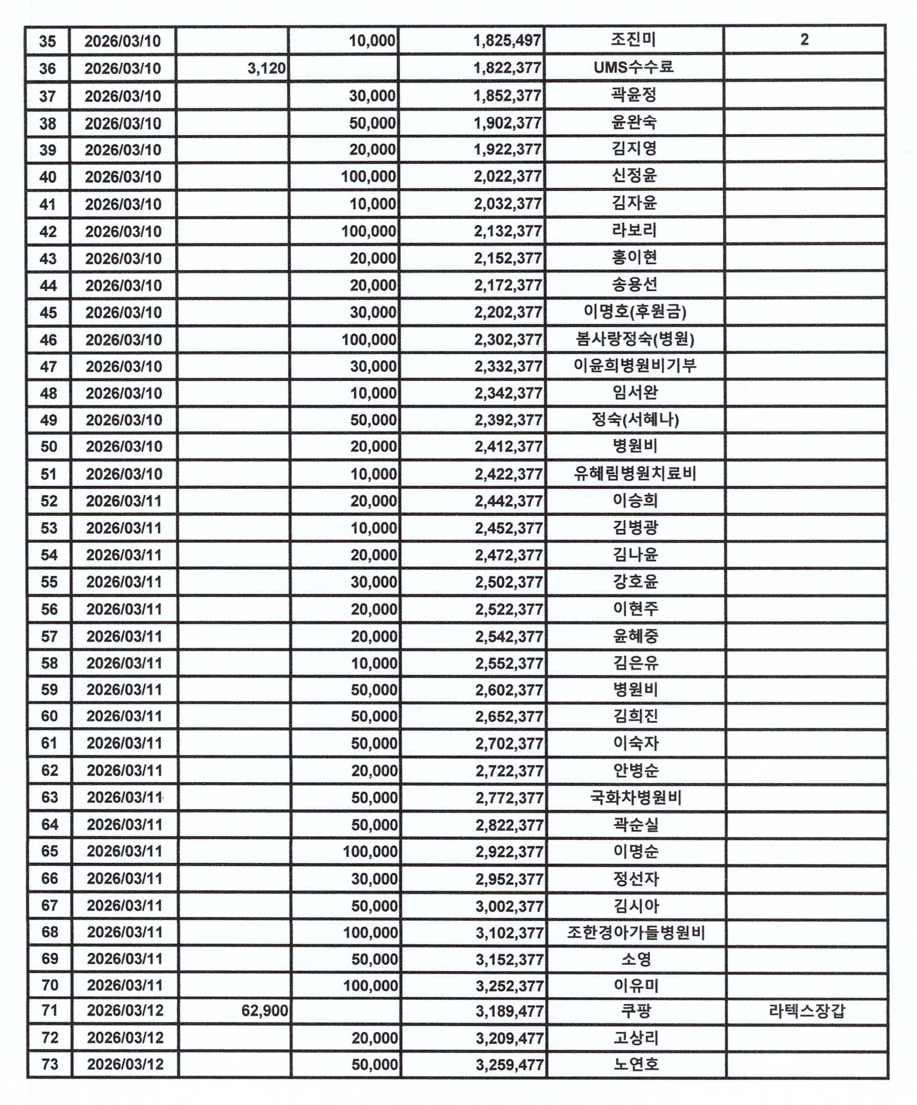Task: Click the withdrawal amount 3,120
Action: click(266, 68)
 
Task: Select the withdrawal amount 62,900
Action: click(264, 1011)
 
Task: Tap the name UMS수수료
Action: click(634, 67)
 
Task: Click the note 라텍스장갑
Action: click(806, 1011)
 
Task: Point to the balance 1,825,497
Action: click(507, 40)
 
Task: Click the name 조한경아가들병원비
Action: click(636, 933)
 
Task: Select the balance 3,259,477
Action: click(509, 1065)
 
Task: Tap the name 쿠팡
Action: click(636, 1011)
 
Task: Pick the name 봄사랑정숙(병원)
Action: click(634, 339)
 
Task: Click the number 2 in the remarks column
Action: click(804, 40)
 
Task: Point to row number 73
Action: click(50, 1065)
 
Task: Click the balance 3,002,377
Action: click(509, 906)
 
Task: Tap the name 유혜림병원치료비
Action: click(634, 473)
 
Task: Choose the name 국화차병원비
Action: click(636, 798)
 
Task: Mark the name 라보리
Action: click(634, 230)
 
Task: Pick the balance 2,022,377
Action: click(507, 176)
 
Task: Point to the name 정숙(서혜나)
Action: click(634, 420)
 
